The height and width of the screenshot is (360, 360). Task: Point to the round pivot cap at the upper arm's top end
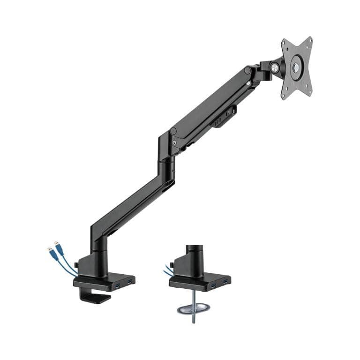247,70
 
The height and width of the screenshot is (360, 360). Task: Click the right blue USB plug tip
57,244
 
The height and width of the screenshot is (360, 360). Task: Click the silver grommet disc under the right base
193,309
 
